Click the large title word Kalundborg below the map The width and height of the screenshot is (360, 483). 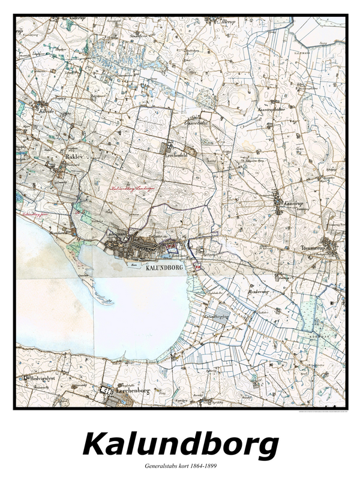(180, 445)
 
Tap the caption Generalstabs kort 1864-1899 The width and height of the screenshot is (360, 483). (180, 466)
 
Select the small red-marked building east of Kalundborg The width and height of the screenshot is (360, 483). (197, 266)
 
